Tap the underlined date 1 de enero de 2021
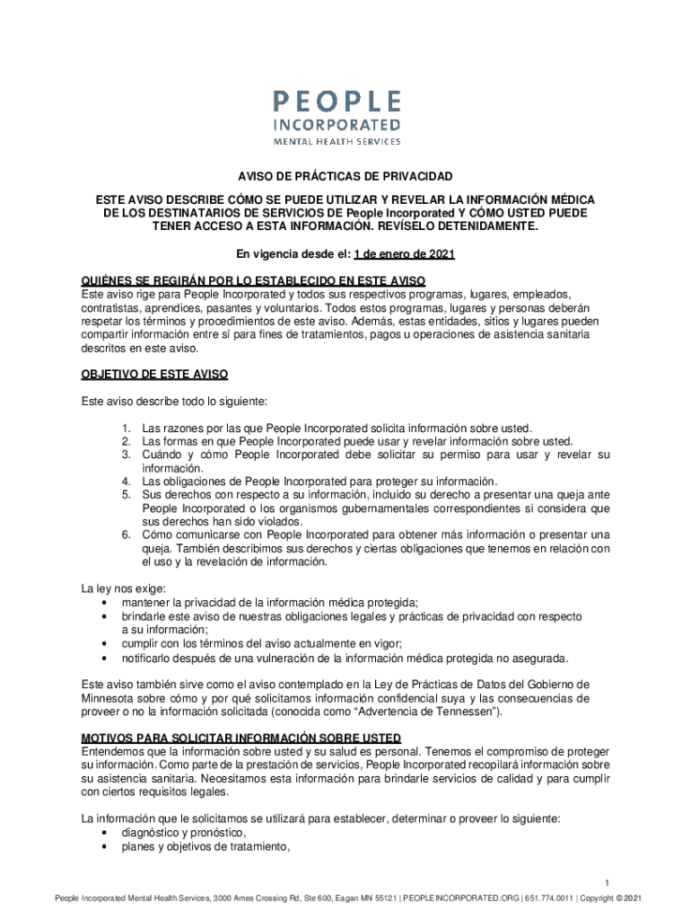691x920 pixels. pyautogui.click(x=405, y=255)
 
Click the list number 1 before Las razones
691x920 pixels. pyautogui.click(x=128, y=428)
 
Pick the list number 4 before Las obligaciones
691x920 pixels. pyautogui.click(x=128, y=481)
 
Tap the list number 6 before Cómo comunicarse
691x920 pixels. pyautogui.click(x=128, y=535)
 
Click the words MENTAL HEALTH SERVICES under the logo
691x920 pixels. pyautogui.click(x=337, y=141)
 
